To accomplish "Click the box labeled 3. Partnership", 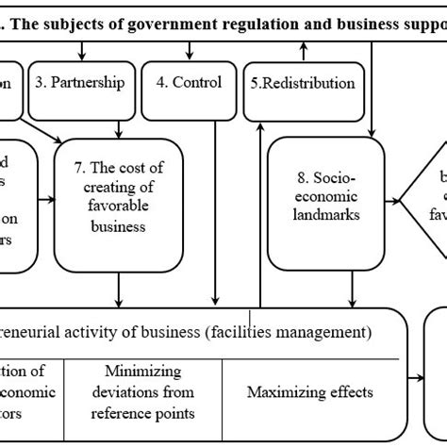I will [x=79, y=82].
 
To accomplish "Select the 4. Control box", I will [x=190, y=82].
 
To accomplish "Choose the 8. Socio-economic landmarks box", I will [x=326, y=197].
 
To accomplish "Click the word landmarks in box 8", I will [x=326, y=214].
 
